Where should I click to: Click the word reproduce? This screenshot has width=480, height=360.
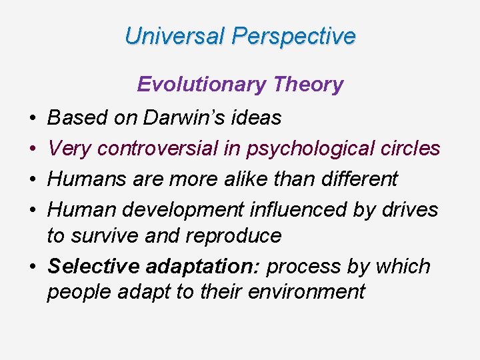pos(230,235)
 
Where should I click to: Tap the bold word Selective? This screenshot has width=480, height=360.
pos(89,265)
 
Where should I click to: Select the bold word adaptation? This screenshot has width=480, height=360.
pos(201,266)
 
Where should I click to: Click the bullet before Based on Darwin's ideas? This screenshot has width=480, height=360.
pos(33,119)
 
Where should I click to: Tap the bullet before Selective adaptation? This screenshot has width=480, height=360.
pos(33,266)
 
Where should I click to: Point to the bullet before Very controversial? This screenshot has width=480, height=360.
pos(33,149)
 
